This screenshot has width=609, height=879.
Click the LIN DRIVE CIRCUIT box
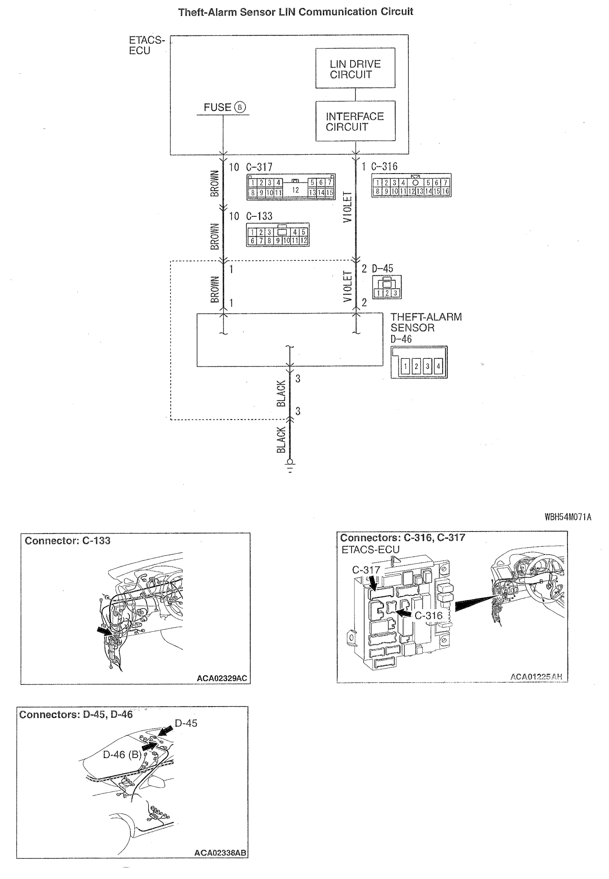tap(355, 68)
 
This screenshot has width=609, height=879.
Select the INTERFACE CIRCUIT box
tap(355, 121)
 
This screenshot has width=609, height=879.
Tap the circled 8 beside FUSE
tap(240, 107)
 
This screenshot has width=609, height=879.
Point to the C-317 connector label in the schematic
tap(259, 167)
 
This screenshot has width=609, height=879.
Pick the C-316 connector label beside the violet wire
tap(384, 166)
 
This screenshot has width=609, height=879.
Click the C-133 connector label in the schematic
tap(259, 216)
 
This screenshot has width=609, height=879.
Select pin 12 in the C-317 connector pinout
tap(295, 189)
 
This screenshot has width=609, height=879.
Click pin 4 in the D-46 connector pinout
tap(438, 366)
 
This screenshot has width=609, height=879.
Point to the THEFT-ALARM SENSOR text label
tap(425, 322)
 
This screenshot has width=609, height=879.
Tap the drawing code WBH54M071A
tap(568, 517)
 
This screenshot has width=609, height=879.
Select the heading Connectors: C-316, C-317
tap(402, 537)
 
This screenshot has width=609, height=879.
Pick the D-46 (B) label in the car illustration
tap(122, 755)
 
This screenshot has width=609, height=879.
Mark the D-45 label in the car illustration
tap(186, 723)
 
